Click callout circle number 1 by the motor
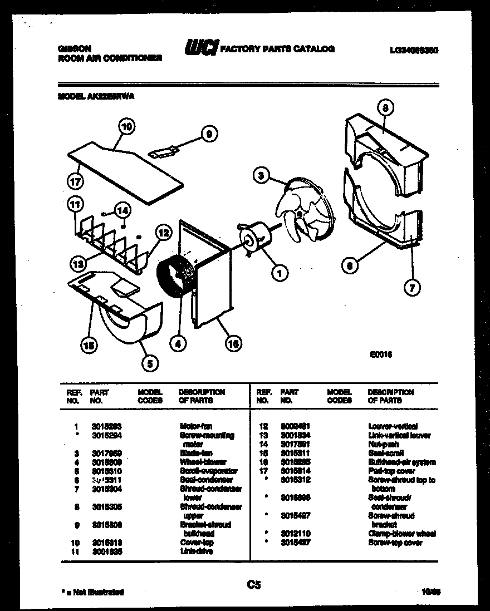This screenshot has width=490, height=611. pos(280,272)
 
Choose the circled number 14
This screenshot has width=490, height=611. pos(122,210)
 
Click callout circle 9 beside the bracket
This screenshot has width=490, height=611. pos(209,134)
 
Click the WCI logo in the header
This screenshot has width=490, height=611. pos(201,48)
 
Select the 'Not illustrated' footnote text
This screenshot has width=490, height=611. pos(91,592)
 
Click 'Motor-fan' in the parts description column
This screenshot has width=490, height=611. pos(195,426)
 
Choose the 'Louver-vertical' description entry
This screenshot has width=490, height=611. pos(393,426)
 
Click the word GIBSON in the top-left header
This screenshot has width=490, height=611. pos(75,48)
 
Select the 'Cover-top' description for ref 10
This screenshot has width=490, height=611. pos(197,542)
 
